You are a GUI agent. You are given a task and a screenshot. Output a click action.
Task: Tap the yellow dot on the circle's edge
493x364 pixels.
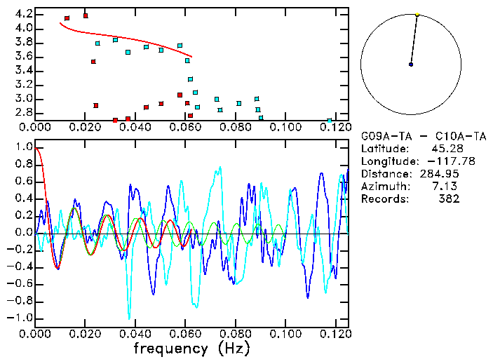417,14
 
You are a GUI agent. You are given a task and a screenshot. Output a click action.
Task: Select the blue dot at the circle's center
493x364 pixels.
411,65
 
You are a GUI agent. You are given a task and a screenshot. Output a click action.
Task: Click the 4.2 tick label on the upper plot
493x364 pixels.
23,14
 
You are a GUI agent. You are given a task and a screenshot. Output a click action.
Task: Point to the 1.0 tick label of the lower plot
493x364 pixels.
23,147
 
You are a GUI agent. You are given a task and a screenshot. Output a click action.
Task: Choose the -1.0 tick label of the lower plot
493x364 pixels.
20,318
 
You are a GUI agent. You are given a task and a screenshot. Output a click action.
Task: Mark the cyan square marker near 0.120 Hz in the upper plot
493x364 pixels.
330,121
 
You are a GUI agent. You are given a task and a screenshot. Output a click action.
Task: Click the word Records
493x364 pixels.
383,198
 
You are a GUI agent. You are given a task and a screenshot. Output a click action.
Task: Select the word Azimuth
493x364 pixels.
383,186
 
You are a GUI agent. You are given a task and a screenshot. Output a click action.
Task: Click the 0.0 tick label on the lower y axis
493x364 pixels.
23,232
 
